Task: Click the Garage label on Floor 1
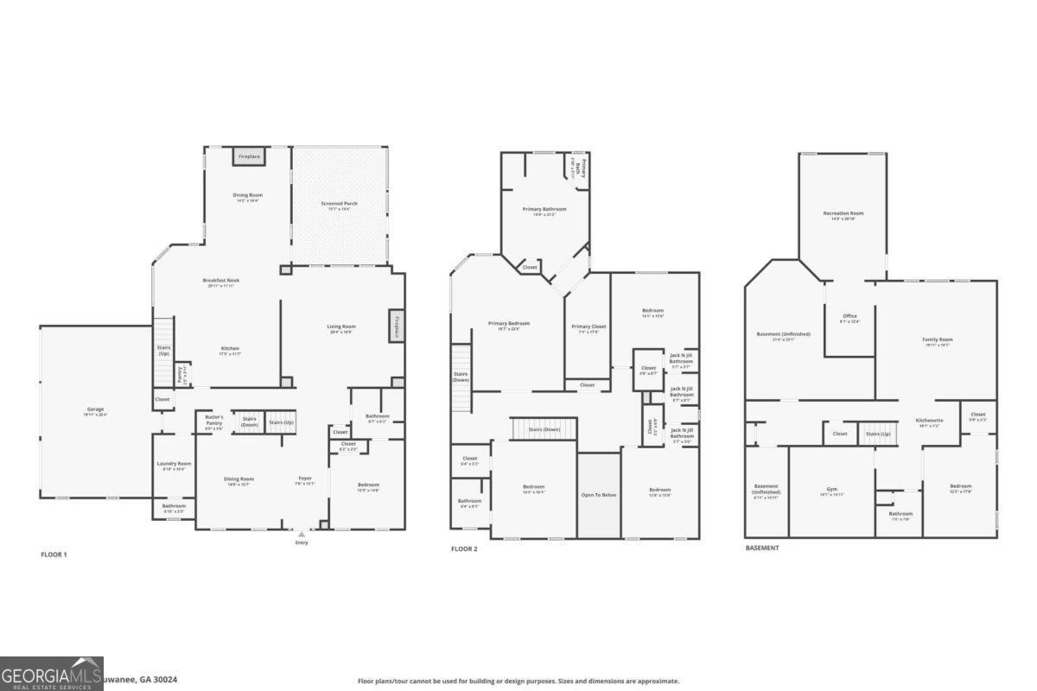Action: [95, 411]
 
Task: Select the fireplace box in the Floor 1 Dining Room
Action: [249, 157]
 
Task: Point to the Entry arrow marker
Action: [301, 536]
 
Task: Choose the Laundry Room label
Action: [174, 466]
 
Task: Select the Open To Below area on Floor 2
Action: [598, 495]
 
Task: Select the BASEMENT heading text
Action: [762, 548]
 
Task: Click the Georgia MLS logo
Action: [52, 674]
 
